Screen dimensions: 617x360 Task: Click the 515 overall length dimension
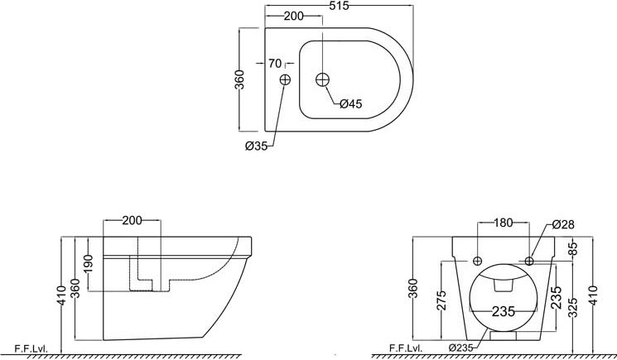(339, 6)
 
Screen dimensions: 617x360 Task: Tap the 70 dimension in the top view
(275, 63)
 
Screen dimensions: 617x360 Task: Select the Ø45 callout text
(350, 103)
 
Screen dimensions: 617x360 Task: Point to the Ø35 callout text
(256, 146)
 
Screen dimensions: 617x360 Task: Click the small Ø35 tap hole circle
(285, 79)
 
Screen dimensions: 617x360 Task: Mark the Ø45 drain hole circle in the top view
(323, 79)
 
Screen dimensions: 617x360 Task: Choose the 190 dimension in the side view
(88, 264)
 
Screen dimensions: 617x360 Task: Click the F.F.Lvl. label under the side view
(31, 348)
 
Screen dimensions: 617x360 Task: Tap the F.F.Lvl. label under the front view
(406, 348)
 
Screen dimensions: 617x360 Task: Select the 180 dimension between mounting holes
(504, 223)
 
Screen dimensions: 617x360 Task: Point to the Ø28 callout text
(563, 224)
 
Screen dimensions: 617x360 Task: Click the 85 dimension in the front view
(573, 248)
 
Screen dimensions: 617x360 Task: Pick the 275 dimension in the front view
(442, 300)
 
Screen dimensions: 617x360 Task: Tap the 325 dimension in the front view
(573, 307)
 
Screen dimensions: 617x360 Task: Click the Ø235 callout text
(461, 348)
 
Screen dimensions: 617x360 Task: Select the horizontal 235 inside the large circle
(504, 312)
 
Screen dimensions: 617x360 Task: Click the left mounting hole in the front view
(478, 261)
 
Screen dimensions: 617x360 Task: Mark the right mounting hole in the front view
(529, 261)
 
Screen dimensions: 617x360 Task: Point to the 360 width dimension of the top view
(239, 79)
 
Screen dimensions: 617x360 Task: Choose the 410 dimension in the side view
(61, 295)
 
